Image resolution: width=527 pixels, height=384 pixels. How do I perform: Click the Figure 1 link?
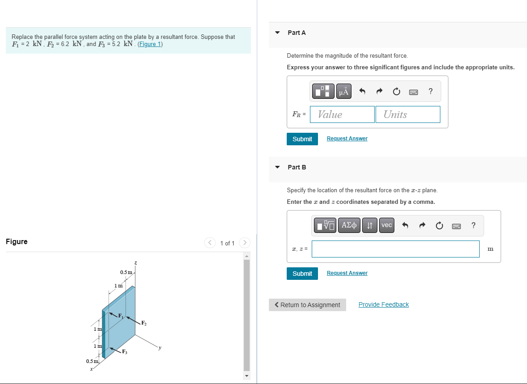pos(150,44)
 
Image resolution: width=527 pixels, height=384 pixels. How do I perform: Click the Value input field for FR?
pos(342,114)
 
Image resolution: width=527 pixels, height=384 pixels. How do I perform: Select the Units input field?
pos(408,114)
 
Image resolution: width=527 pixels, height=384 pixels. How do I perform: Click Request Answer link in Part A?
pos(347,139)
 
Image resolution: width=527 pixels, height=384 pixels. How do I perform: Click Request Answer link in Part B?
pos(347,273)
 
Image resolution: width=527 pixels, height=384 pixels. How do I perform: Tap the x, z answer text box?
pos(396,249)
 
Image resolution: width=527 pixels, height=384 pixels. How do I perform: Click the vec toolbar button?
pos(386,225)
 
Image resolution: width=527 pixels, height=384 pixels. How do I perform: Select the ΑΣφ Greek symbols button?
pos(349,225)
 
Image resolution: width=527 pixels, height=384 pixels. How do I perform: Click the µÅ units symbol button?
pos(344,91)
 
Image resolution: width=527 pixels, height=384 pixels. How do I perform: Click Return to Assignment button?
pos(307,305)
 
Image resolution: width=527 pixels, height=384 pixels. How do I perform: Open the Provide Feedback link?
pos(384,304)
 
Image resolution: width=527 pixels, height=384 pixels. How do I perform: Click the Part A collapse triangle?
pos(277,33)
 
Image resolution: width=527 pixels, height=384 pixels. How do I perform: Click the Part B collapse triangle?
pos(277,167)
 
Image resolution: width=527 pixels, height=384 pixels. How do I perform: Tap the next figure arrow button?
pos(245,243)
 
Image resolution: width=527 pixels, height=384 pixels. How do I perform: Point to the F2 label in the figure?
pos(144,323)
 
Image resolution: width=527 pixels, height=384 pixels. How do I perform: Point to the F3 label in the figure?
pos(124,352)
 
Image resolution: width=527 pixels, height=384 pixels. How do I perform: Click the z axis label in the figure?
pos(135,262)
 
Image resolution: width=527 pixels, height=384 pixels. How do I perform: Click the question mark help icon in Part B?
pos(473,225)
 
